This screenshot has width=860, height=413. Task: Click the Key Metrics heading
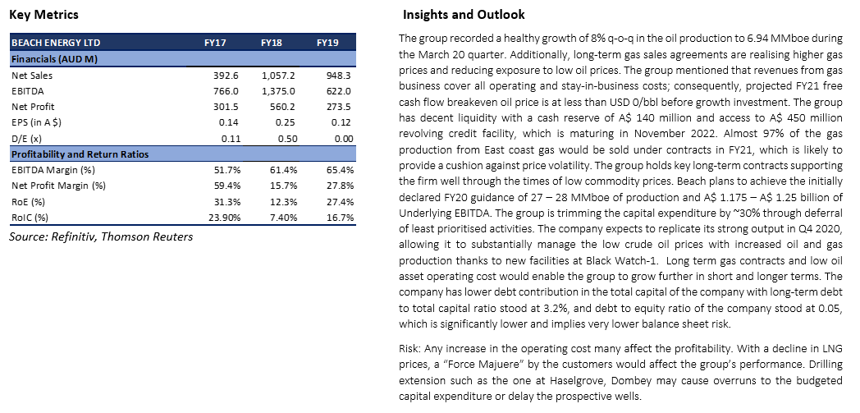[43, 15]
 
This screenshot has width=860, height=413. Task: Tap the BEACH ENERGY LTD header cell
[56, 43]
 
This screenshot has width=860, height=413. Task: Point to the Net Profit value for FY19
[338, 107]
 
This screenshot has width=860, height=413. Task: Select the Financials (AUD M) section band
[183, 59]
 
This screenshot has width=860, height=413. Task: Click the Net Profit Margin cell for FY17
[226, 186]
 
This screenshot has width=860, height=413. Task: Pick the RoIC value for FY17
[224, 218]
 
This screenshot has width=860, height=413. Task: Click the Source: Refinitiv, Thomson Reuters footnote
[101, 237]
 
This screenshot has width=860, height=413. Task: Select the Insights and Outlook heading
[464, 15]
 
